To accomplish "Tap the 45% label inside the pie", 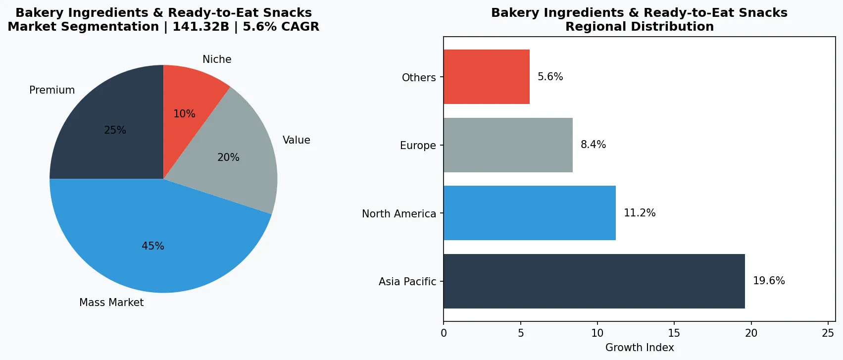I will [x=153, y=246].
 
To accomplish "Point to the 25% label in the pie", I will [x=115, y=130].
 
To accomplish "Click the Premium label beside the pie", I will [x=52, y=90].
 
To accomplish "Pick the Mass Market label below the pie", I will [x=111, y=303].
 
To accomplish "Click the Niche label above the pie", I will [x=217, y=59].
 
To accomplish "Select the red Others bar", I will [x=486, y=77].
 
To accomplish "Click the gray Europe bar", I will [x=508, y=145].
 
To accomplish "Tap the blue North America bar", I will [x=529, y=213].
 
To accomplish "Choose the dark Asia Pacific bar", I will [x=594, y=281].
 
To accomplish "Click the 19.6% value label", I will [x=769, y=281].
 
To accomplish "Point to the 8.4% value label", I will [x=593, y=145].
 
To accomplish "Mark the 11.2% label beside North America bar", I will [x=640, y=213].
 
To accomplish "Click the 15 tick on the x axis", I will [x=674, y=333].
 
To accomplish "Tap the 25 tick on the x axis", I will [x=828, y=333].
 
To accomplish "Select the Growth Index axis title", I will [x=640, y=348].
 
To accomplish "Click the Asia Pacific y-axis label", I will [x=407, y=282].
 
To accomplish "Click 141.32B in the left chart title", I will [x=200, y=27].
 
